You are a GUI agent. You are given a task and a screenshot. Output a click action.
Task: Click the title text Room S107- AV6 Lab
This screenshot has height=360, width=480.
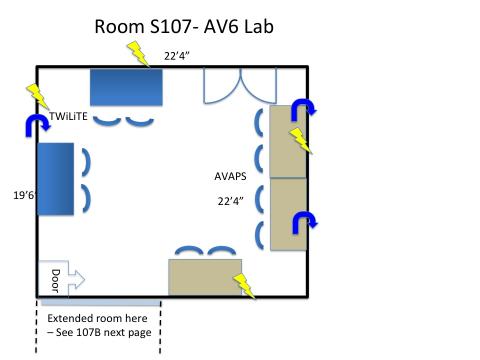pyautogui.click(x=184, y=26)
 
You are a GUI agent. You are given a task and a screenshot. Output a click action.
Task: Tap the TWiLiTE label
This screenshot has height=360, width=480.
pyautogui.click(x=68, y=116)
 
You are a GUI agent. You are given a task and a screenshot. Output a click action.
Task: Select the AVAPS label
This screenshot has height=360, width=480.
pyautogui.click(x=230, y=176)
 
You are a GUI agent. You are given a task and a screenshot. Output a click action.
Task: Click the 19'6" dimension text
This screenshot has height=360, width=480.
pyautogui.click(x=24, y=195)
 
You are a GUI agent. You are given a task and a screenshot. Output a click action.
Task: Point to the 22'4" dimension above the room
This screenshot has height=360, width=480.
pyautogui.click(x=177, y=56)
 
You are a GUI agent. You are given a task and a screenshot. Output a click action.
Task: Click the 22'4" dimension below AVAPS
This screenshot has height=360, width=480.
pyautogui.click(x=231, y=201)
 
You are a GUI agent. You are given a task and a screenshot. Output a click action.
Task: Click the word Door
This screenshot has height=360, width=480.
pyautogui.click(x=55, y=281)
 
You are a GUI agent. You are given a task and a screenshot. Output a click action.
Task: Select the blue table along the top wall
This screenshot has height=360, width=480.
pyautogui.click(x=126, y=87)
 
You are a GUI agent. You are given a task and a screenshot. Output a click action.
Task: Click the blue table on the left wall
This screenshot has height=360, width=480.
pyautogui.click(x=55, y=179)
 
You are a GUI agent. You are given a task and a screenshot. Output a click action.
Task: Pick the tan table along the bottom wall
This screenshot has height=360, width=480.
pyautogui.click(x=205, y=277)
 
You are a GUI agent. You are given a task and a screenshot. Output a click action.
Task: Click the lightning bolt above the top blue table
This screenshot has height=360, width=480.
pyautogui.click(x=138, y=54)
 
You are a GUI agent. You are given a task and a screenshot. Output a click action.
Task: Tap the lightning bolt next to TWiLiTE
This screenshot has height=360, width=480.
pyautogui.click(x=38, y=96)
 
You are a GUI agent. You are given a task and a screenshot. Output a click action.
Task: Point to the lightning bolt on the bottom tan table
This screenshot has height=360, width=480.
pyautogui.click(x=244, y=286)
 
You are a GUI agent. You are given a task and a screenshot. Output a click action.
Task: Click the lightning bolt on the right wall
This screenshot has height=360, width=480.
pyautogui.click(x=301, y=141)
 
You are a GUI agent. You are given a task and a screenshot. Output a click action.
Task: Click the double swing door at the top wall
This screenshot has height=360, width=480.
pyautogui.click(x=240, y=85)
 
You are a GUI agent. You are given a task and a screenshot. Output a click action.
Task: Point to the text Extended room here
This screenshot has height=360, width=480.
pyautogui.click(x=97, y=318)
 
